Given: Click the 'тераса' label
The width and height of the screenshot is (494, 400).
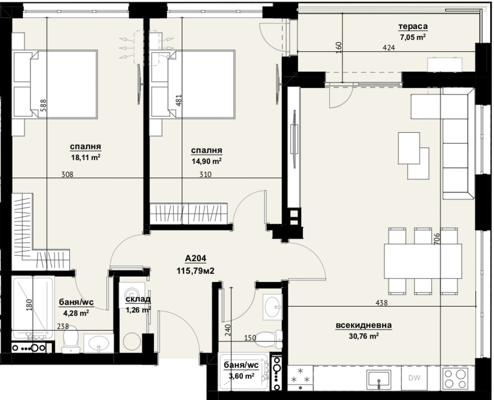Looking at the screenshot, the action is tap(413, 26).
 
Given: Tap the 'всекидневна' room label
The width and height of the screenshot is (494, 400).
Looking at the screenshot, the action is tap(364, 325).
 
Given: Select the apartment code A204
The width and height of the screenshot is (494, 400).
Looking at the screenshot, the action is tap(195, 258).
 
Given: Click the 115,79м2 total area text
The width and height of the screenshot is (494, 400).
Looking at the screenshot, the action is tap(195, 271).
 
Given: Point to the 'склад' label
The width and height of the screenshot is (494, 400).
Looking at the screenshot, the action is tap(138, 299).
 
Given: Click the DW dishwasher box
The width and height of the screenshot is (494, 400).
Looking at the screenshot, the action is tap(414, 378).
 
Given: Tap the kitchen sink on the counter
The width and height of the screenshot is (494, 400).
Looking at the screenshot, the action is tap(379, 379).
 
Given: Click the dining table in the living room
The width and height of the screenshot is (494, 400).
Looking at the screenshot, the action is tap(423, 261).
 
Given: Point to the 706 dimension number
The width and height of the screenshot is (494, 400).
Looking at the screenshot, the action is tap(436, 239).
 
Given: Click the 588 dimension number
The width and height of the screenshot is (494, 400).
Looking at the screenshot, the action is tap(43, 105).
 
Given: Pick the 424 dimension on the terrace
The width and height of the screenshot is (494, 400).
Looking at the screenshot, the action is tap(389, 47).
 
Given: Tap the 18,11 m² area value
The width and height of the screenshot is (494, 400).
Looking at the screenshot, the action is tap(86, 157).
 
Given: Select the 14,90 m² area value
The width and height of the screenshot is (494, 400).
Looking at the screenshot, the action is tap(206, 161).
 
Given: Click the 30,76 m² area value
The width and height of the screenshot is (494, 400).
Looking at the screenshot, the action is tap(364, 336).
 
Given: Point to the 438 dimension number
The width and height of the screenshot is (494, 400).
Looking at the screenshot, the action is tap(382, 303).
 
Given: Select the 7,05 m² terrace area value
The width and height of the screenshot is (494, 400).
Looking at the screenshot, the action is tap(413, 37).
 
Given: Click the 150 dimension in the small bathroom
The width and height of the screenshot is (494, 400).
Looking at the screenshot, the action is tap(250, 337).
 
